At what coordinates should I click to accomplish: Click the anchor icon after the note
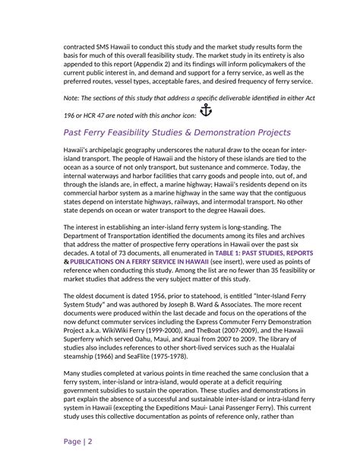205,110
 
